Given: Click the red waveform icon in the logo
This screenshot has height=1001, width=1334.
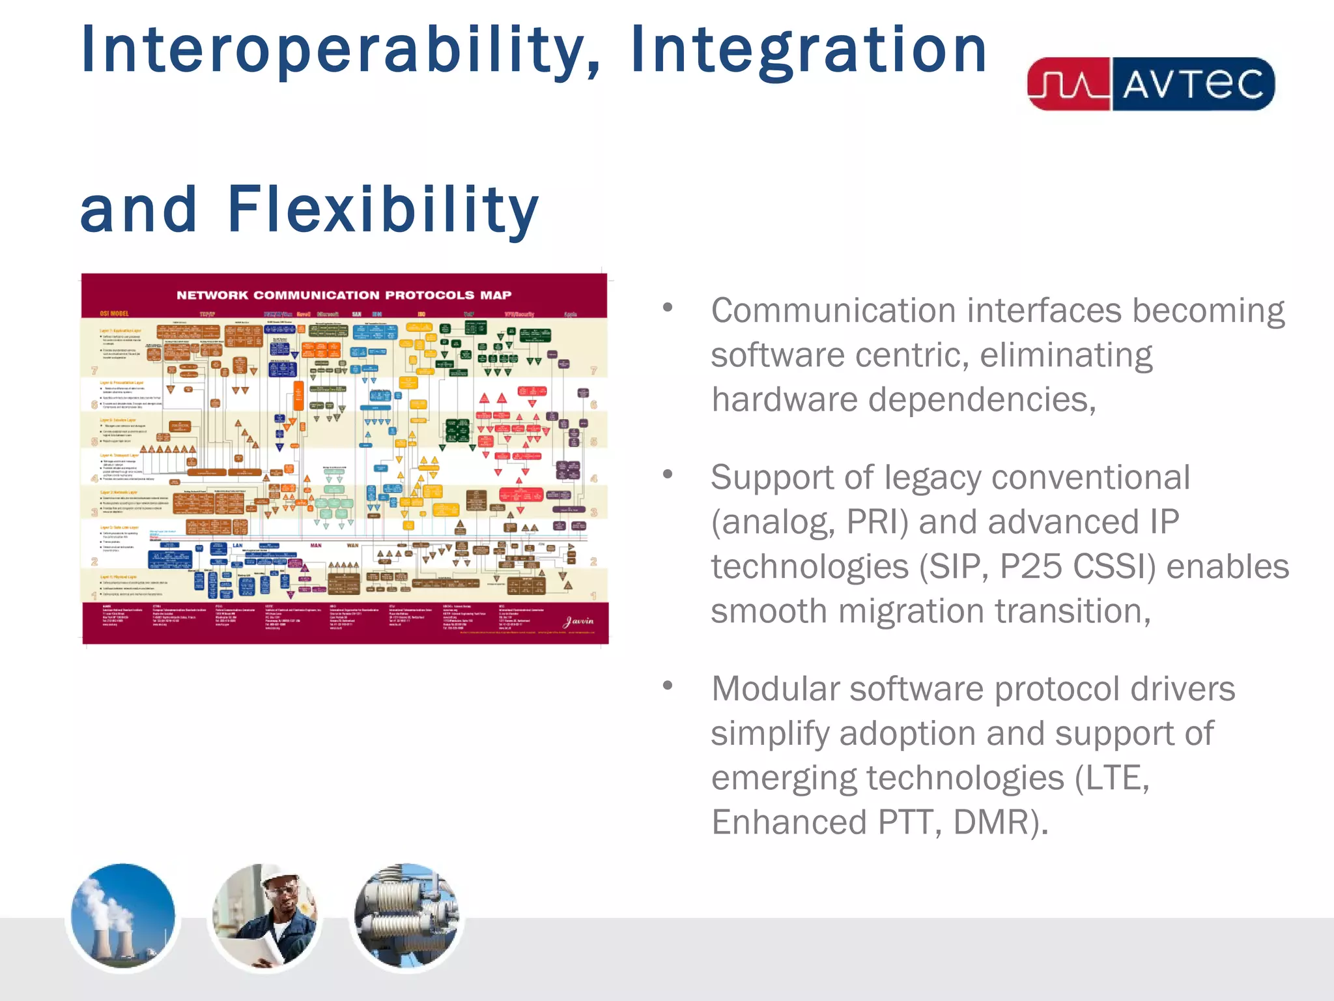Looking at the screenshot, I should (x=1068, y=85).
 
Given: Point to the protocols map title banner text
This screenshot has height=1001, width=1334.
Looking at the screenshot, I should (x=344, y=295).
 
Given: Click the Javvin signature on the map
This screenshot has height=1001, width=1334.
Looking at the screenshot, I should (x=578, y=621).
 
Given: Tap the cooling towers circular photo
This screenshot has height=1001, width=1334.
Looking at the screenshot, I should (x=123, y=916).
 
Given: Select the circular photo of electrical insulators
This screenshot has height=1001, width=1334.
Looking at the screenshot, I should (x=406, y=916).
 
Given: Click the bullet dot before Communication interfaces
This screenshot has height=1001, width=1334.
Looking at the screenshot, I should (x=667, y=307).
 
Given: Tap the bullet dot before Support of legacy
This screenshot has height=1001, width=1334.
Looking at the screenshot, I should (x=667, y=474).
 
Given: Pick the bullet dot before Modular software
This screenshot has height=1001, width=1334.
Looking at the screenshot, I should (x=667, y=686).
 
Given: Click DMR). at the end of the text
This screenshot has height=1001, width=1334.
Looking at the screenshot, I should (x=1000, y=822).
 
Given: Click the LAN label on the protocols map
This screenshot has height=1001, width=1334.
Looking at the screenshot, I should (x=238, y=545).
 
